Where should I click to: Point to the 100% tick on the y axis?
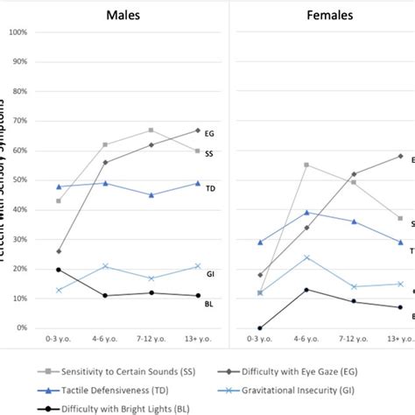[x=18, y=32]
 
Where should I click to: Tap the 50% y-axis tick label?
[x=19, y=180]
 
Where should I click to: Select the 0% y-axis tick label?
[x=21, y=328]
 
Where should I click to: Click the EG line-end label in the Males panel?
[x=209, y=134]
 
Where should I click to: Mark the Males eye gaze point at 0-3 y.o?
[x=58, y=251]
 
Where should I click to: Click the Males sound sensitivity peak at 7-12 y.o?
[x=151, y=130]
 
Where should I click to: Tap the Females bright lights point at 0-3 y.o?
[x=260, y=328]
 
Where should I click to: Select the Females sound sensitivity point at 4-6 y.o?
[x=306, y=165]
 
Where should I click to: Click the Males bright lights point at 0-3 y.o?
[x=58, y=270]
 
